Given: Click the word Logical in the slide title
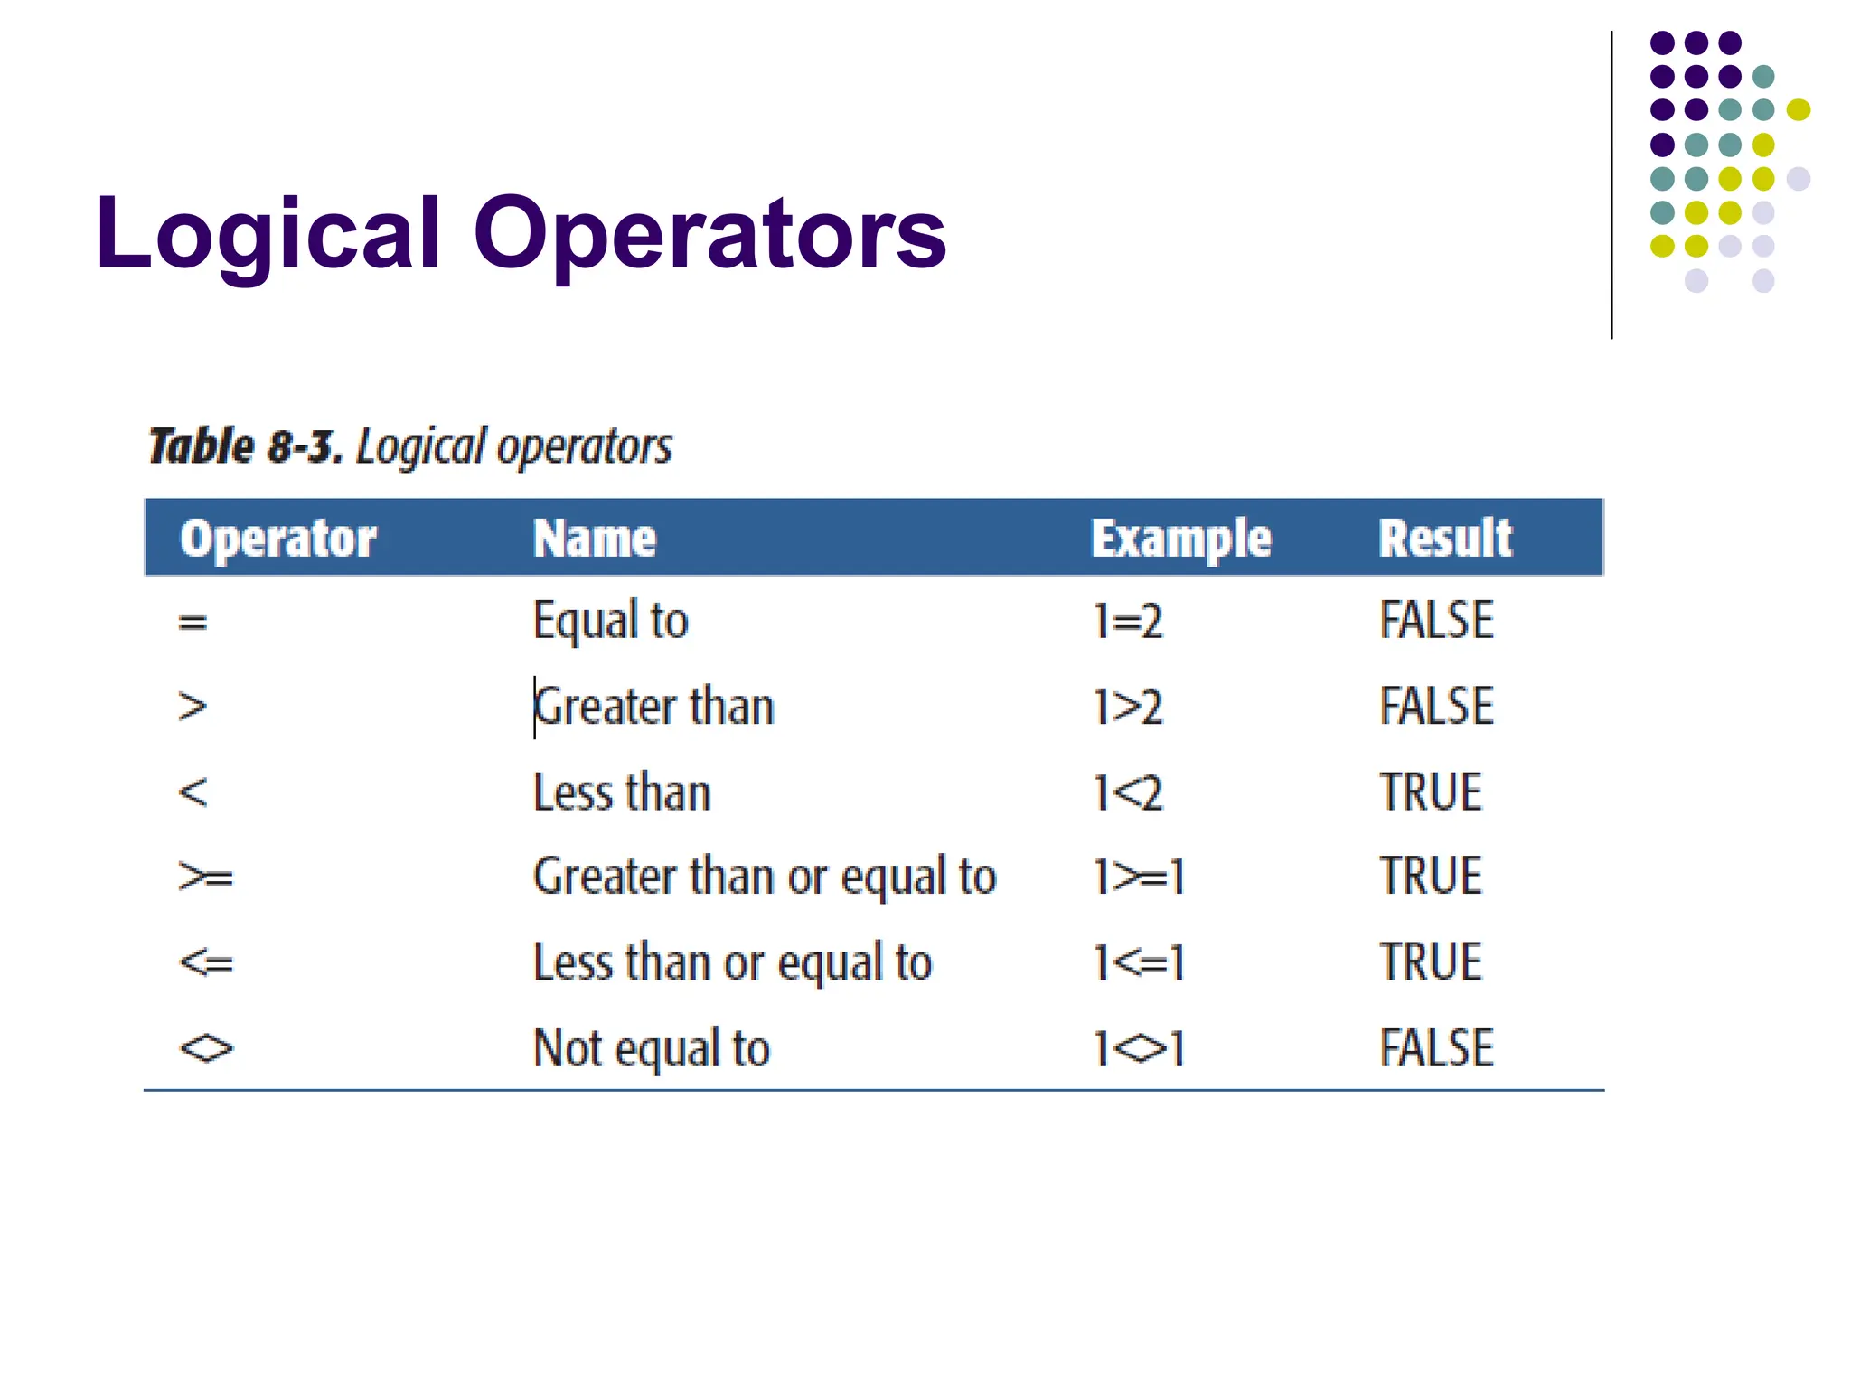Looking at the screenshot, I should point(268,235).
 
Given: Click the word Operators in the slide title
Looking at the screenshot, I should point(709,235).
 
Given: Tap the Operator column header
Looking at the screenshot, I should point(277,539).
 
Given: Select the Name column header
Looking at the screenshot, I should point(594,539).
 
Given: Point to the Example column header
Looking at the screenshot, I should point(1180,539).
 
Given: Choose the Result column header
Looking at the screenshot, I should point(1444,539).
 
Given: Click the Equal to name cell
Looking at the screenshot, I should point(610,621).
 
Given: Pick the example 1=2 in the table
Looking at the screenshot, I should point(1127,621).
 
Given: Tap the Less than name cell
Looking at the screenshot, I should point(622,792).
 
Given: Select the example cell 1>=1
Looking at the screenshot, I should point(1138,877).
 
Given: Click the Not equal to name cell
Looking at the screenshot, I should point(651,1048).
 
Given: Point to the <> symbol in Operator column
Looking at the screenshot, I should point(206,1048).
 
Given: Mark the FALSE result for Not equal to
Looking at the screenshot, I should point(1436,1048).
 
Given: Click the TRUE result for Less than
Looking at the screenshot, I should point(1431,792).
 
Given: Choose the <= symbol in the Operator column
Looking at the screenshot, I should point(206,963).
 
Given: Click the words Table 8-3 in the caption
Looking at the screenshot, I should point(246,446).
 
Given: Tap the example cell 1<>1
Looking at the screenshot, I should point(1138,1048).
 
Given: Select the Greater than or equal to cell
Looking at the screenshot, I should point(765,877).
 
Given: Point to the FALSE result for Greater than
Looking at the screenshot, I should point(1436,706).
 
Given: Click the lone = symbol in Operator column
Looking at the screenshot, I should point(193,622).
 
